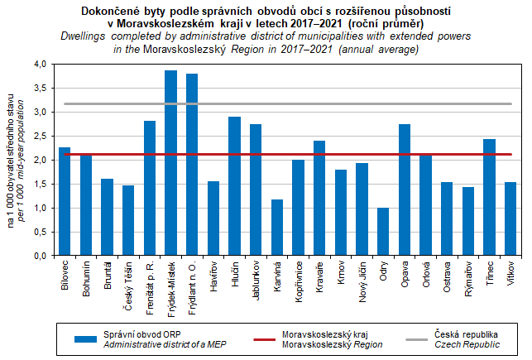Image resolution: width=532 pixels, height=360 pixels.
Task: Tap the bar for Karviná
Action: (x=276, y=228)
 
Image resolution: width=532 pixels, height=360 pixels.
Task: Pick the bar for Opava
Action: (x=404, y=190)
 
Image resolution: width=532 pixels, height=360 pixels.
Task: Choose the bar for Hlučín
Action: (x=234, y=186)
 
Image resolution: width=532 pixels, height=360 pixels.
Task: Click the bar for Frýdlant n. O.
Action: (x=192, y=165)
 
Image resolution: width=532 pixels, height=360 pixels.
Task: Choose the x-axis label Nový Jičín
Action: (x=362, y=282)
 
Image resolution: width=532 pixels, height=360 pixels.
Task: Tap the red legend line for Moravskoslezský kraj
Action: (x=255, y=338)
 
